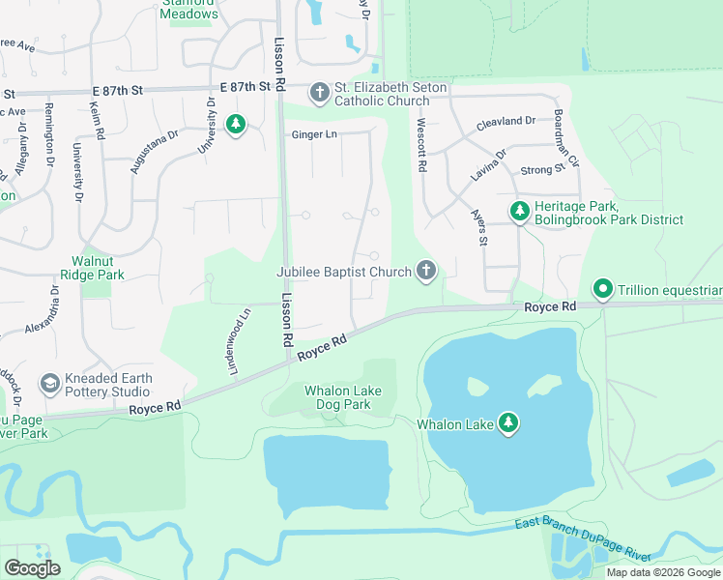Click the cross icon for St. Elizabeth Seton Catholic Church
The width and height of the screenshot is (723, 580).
pyautogui.click(x=320, y=94)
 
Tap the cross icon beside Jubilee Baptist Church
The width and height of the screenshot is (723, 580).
pyautogui.click(x=425, y=272)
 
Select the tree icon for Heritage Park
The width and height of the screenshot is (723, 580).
pyautogui.click(x=520, y=210)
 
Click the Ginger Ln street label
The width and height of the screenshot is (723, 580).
pyautogui.click(x=314, y=134)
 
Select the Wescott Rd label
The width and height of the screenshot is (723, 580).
pyautogui.click(x=421, y=145)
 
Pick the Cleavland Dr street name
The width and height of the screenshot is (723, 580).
pyautogui.click(x=506, y=122)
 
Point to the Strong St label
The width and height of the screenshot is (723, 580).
pyautogui.click(x=542, y=170)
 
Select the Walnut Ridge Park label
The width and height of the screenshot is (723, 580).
pyautogui.click(x=99, y=268)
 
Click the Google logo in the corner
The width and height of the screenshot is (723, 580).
pyautogui.click(x=32, y=568)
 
